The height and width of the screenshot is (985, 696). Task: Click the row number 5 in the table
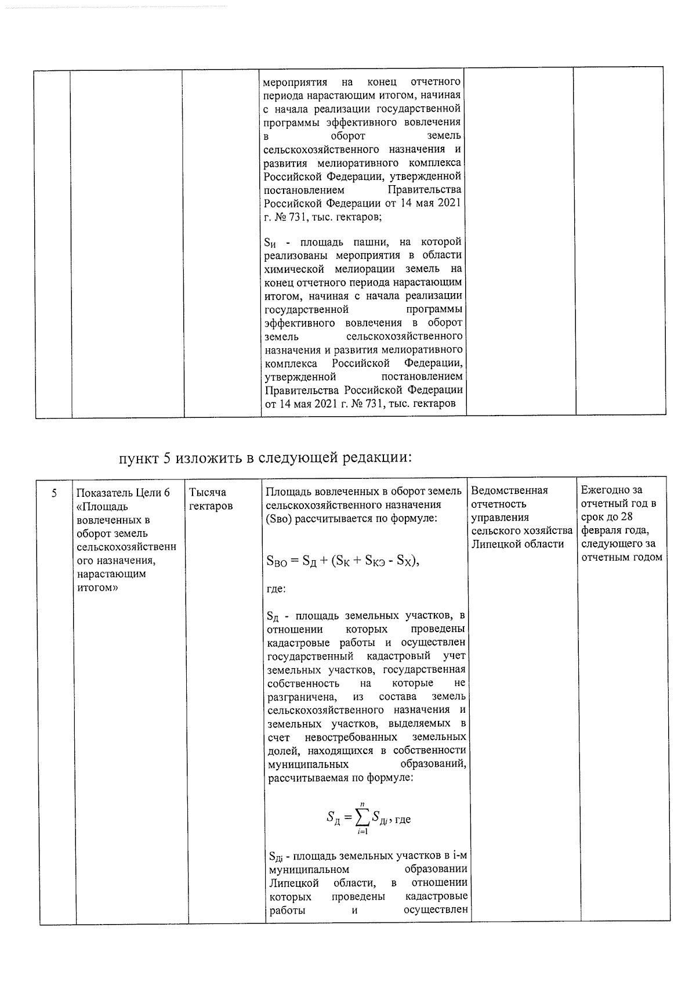click(54, 493)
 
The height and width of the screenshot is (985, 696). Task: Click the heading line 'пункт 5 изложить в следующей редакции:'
click(265, 457)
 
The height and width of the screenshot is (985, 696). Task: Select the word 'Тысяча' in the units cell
click(207, 492)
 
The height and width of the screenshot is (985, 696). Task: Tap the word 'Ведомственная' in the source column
click(509, 490)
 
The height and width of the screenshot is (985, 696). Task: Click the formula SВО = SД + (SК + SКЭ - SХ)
click(342, 561)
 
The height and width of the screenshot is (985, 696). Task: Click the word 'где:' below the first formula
click(275, 589)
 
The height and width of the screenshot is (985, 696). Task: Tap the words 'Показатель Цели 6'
click(123, 493)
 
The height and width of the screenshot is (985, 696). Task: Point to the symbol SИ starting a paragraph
click(273, 243)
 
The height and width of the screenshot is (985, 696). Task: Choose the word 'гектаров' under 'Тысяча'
click(211, 506)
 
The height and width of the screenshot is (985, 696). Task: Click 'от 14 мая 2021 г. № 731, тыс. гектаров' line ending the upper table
click(360, 403)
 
